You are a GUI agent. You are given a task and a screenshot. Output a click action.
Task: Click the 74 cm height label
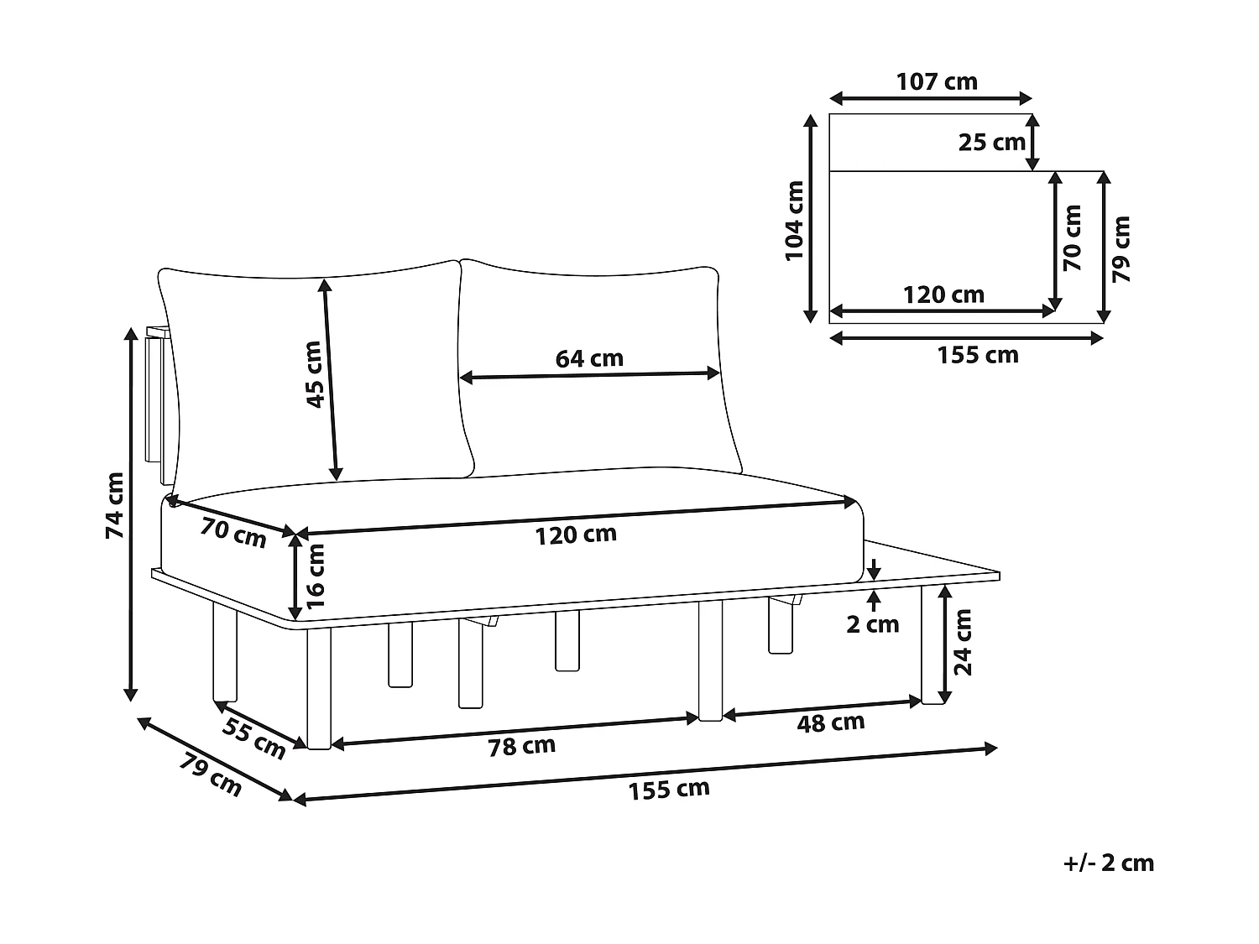(115, 505)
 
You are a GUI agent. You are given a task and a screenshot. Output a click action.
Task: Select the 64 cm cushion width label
(589, 358)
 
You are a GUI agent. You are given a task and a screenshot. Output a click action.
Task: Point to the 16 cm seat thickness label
(315, 576)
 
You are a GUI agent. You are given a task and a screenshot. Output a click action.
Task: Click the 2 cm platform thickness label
(873, 624)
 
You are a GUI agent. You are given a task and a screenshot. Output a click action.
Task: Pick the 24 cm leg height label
(963, 642)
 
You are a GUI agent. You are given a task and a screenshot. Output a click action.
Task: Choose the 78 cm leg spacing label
(521, 746)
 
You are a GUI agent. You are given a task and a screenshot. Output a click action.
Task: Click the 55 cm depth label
(254, 738)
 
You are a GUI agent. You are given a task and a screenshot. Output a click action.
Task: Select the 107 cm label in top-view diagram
(937, 81)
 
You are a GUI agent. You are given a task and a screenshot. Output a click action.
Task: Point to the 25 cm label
(992, 143)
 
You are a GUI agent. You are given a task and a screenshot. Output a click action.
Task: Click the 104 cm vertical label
(794, 221)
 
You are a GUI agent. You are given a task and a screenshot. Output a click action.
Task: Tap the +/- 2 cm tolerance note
(1108, 863)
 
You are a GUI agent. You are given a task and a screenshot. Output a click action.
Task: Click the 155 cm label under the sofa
(669, 790)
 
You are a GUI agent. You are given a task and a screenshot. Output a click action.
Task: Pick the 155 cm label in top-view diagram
(978, 355)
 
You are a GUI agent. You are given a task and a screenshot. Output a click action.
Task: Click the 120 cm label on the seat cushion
(576, 534)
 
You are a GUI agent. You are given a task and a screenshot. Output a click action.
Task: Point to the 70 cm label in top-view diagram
(1072, 237)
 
